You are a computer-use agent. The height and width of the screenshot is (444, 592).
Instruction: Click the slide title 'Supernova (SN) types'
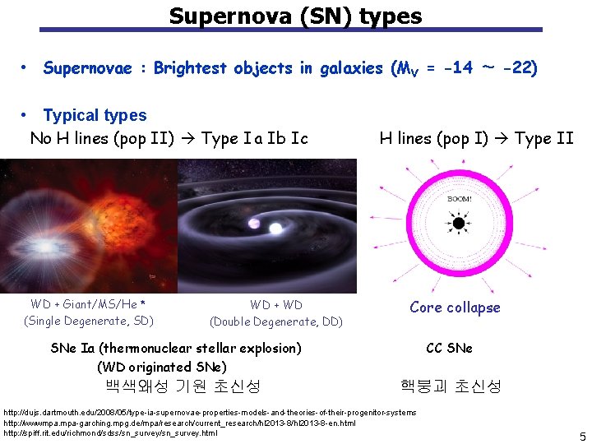click(295, 16)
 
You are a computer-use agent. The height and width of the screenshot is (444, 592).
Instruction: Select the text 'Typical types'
click(95, 115)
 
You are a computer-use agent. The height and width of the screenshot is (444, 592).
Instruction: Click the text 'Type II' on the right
click(543, 138)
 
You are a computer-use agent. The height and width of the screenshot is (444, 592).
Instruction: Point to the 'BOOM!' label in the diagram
click(459, 198)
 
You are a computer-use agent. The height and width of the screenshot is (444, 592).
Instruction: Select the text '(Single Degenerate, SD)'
click(89, 321)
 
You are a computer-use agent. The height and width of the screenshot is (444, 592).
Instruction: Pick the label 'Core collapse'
click(454, 308)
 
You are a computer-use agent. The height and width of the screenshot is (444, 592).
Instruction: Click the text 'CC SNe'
click(449, 348)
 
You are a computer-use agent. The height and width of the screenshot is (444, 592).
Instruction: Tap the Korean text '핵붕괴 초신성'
click(450, 386)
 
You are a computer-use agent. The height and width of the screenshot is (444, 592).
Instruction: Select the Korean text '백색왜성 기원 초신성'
click(183, 386)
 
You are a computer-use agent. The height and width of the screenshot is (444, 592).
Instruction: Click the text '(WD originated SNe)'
click(161, 366)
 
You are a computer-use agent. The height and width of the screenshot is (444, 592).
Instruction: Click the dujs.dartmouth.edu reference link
click(210, 412)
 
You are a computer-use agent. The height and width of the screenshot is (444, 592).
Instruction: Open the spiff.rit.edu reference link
click(111, 433)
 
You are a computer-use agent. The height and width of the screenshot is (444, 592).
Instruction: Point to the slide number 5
click(581, 437)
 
